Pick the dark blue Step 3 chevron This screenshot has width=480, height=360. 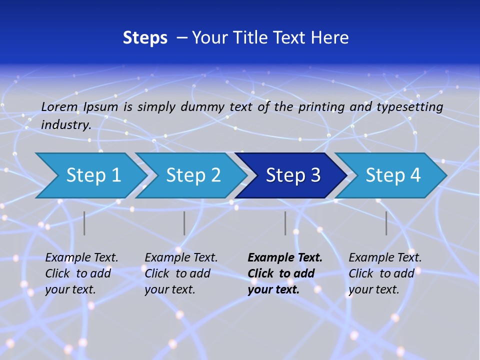point(292,175)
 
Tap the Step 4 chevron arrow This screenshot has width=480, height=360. point(392,175)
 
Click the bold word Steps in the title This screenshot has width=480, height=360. point(145,38)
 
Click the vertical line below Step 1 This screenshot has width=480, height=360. point(84,223)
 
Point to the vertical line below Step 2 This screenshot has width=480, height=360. point(184,223)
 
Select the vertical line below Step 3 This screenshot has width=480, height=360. point(285,223)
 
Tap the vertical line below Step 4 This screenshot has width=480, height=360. point(386,223)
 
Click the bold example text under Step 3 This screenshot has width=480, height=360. point(285,273)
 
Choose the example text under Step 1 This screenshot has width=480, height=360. point(81,273)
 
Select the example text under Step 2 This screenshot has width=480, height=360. point(181,273)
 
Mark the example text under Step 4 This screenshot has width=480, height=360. point(385,273)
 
